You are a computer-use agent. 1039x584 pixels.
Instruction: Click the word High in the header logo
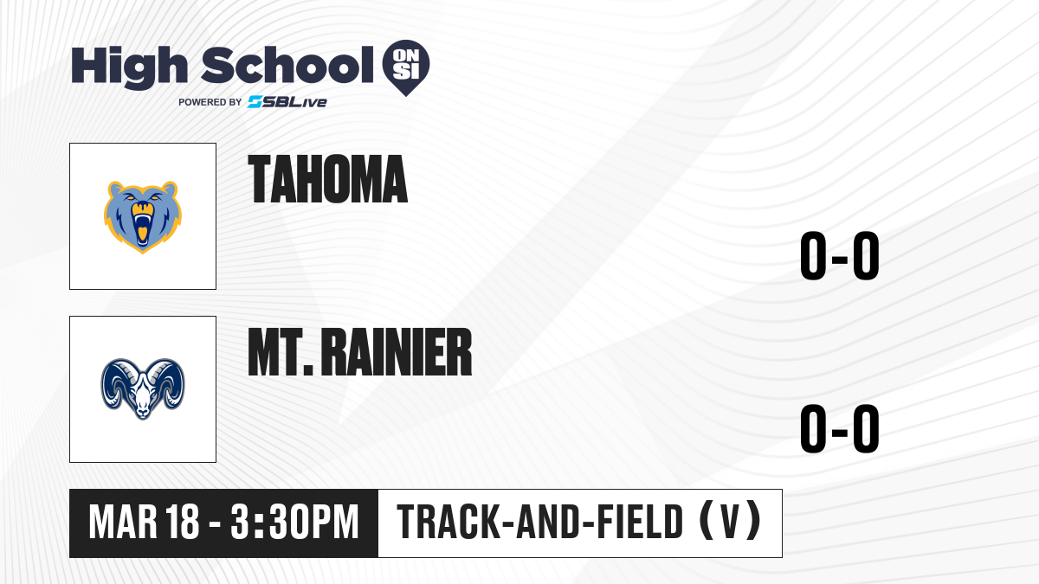[x=129, y=67]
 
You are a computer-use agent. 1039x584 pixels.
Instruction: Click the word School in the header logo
[x=287, y=65]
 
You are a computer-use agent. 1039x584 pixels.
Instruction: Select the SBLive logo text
[x=287, y=102]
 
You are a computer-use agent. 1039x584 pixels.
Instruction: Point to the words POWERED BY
[x=210, y=102]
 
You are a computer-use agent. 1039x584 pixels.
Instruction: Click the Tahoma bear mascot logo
[x=142, y=217]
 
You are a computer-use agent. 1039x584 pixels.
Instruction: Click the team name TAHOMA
[x=327, y=179]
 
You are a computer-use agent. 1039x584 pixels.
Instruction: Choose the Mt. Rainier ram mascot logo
[x=143, y=388]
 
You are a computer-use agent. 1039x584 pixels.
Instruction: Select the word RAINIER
[x=397, y=352]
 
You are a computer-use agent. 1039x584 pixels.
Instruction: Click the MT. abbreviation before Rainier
[x=281, y=352]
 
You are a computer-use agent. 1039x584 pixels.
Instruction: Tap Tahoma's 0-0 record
[x=840, y=255]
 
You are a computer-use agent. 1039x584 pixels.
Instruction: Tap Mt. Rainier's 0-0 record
[x=840, y=428]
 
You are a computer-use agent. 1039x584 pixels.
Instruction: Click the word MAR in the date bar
[x=123, y=523]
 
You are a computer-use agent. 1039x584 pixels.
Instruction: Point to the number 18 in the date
[x=183, y=523]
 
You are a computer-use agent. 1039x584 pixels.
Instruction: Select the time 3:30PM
[x=295, y=523]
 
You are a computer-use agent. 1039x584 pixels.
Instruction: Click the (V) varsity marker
[x=730, y=522]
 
